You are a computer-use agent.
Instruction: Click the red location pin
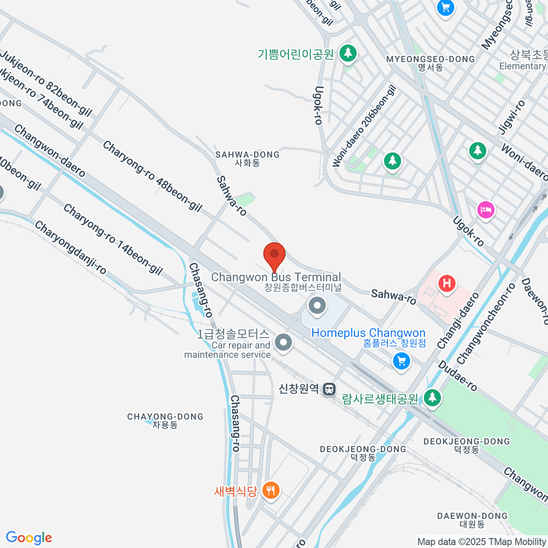(x=274, y=256)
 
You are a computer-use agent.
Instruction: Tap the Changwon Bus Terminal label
(x=276, y=277)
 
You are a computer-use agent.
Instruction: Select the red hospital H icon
(x=447, y=284)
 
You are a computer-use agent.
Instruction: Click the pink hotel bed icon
(x=485, y=210)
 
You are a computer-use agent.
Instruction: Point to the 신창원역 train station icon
(x=329, y=389)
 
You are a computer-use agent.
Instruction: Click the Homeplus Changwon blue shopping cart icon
(x=401, y=362)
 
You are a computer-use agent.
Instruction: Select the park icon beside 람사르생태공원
(x=432, y=397)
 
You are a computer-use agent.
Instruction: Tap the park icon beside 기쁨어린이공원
(x=348, y=53)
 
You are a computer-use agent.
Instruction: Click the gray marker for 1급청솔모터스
(x=284, y=342)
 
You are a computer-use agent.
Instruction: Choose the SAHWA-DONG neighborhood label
(x=248, y=158)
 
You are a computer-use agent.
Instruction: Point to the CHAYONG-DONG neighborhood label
(x=165, y=421)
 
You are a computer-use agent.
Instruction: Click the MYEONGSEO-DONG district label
(x=431, y=63)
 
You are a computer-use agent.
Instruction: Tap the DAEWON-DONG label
(x=472, y=520)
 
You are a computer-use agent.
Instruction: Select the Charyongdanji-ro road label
(x=70, y=248)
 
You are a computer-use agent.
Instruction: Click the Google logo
(x=29, y=538)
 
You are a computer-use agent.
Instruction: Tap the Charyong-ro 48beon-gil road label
(x=152, y=176)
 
